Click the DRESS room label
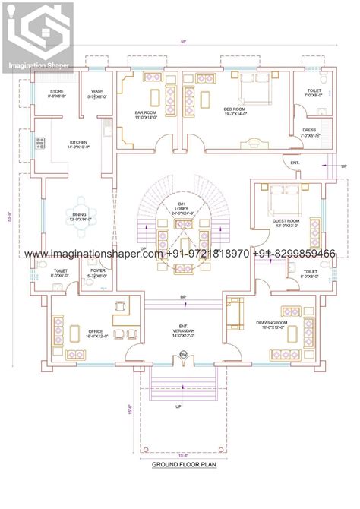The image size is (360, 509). [309, 132]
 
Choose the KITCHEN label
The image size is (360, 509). [79, 144]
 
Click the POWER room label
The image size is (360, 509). [97, 272]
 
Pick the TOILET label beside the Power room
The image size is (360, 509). [61, 272]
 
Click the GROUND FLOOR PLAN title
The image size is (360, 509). [180, 463]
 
